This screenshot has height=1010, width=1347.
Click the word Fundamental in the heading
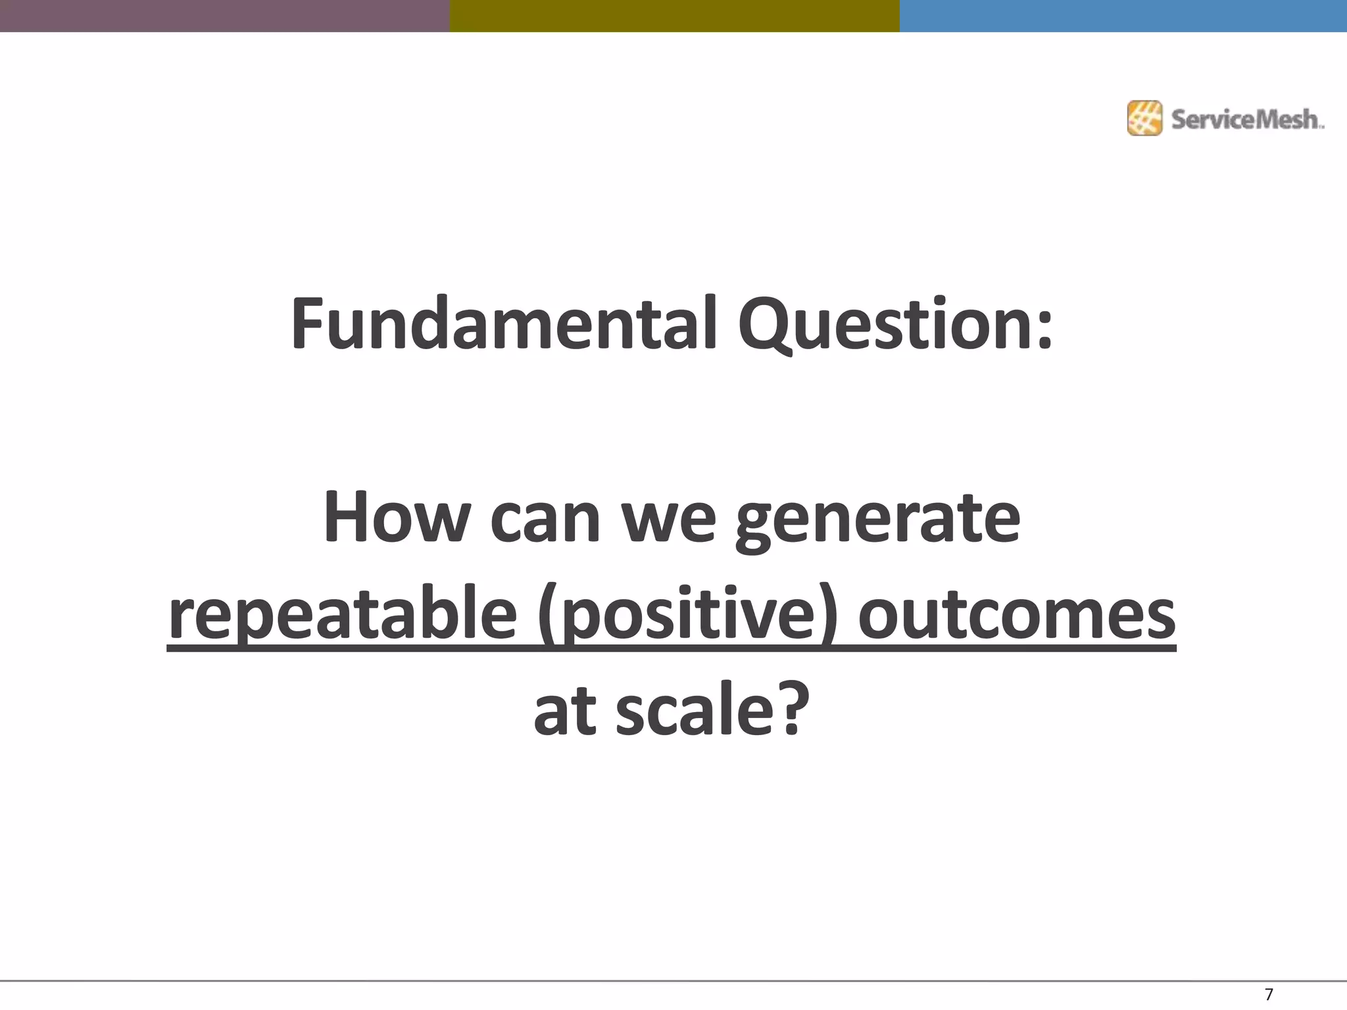point(503,324)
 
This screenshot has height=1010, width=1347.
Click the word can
point(545,521)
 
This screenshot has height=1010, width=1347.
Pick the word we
point(668,521)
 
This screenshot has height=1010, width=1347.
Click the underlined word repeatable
point(342,616)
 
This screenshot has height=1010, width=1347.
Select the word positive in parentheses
point(687,616)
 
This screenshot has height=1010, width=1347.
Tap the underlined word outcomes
point(1017,616)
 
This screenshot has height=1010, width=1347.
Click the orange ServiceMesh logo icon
point(1144,118)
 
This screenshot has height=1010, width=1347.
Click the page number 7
point(1269,994)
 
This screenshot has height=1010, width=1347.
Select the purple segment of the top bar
point(224,16)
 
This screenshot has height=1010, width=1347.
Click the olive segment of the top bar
point(674,16)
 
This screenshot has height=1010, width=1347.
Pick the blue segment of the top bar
point(1123,16)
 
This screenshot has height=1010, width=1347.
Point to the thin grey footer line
point(658,981)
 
